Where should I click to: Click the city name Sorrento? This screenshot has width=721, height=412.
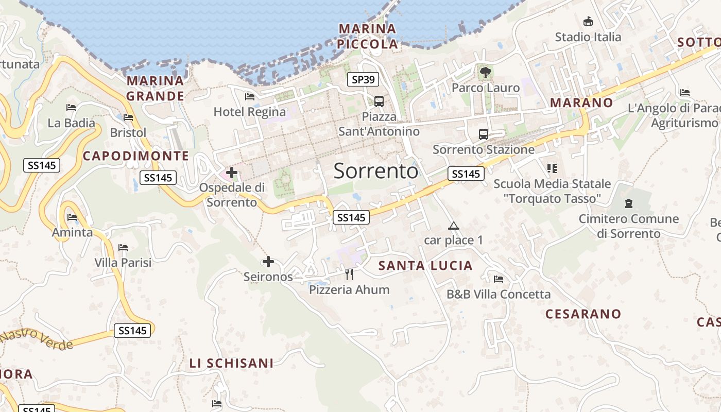point(376,170)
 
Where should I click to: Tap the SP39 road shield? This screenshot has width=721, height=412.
point(363,79)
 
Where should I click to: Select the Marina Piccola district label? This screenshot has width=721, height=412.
point(368,36)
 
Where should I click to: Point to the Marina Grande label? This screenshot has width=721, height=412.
point(155,88)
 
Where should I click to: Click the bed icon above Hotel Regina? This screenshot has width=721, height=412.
point(250,96)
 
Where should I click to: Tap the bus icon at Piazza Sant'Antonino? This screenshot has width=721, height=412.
point(379,101)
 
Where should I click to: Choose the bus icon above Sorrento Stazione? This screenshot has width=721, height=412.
point(483,134)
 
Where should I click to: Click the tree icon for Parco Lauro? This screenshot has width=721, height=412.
point(485,72)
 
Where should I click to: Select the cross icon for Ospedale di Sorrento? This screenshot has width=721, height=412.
point(232,172)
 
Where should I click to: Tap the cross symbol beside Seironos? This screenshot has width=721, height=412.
point(268,262)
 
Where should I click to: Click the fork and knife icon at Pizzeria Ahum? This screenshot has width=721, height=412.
point(349,274)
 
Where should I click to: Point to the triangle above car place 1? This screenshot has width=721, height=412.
point(453,226)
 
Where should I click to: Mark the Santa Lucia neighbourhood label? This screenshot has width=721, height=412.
point(425,266)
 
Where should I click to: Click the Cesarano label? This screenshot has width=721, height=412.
point(583,314)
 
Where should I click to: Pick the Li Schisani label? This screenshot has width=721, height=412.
point(231,363)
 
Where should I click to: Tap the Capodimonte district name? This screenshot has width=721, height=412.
point(136,156)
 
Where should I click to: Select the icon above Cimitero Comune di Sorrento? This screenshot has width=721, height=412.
point(628,203)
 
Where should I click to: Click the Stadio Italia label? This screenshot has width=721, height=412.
point(588,37)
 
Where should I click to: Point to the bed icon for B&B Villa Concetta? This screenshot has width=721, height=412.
point(498,279)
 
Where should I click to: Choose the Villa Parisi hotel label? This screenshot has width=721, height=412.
point(123,263)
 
